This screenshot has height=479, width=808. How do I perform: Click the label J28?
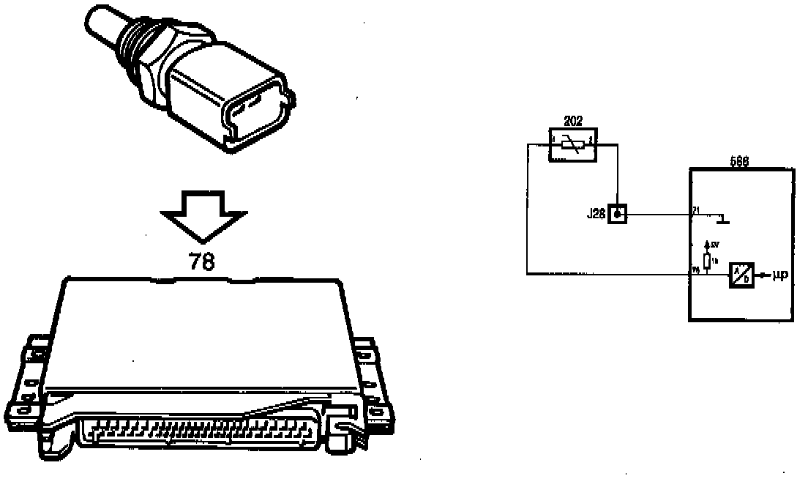(x=596, y=215)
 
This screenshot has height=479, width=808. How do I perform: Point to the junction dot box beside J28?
(x=618, y=215)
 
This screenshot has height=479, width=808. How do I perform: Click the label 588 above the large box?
(x=739, y=162)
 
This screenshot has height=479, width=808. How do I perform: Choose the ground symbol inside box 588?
(x=725, y=218)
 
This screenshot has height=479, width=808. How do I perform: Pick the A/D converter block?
(x=740, y=276)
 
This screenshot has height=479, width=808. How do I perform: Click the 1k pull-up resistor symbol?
(x=707, y=261)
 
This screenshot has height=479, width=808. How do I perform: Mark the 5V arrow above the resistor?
(x=707, y=245)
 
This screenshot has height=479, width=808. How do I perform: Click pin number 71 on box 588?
(x=695, y=210)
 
